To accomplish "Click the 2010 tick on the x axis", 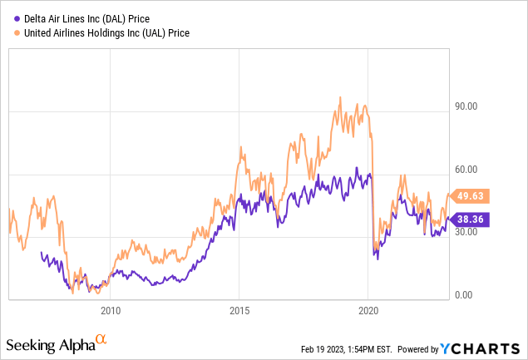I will (111, 310).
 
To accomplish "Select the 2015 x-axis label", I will (239, 310).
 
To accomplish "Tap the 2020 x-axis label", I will (368, 310).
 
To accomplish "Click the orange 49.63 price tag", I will (471, 196).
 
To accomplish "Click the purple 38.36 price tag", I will (471, 220).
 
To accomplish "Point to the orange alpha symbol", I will (101, 338).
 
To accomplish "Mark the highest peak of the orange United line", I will (339, 97).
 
